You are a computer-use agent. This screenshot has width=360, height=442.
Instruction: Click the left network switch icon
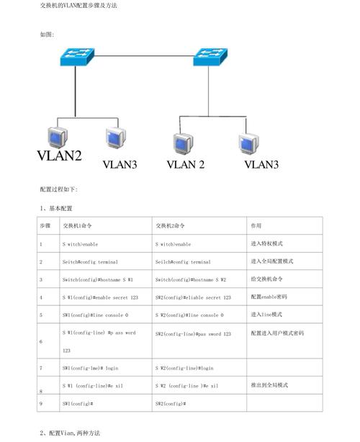[x=76, y=58]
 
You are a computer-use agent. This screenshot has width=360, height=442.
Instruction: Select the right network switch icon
[x=210, y=58]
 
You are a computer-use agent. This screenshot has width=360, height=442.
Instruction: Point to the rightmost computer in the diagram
[x=248, y=142]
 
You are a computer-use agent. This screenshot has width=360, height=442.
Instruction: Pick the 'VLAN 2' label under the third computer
[x=186, y=165]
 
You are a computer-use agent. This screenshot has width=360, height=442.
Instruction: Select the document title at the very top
[x=78, y=6]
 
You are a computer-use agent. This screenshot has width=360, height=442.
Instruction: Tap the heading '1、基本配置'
[x=57, y=208]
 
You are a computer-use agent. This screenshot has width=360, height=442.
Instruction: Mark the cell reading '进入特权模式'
[x=268, y=244]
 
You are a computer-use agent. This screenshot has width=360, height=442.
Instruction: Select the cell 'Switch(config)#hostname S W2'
[x=191, y=279]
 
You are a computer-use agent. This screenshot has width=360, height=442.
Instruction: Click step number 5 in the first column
[x=41, y=315]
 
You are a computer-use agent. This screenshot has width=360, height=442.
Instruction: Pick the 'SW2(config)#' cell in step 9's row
[x=171, y=404]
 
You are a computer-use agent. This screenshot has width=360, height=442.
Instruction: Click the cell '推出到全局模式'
[x=270, y=385]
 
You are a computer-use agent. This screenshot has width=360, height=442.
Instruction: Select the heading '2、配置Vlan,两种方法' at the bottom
[x=70, y=433]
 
